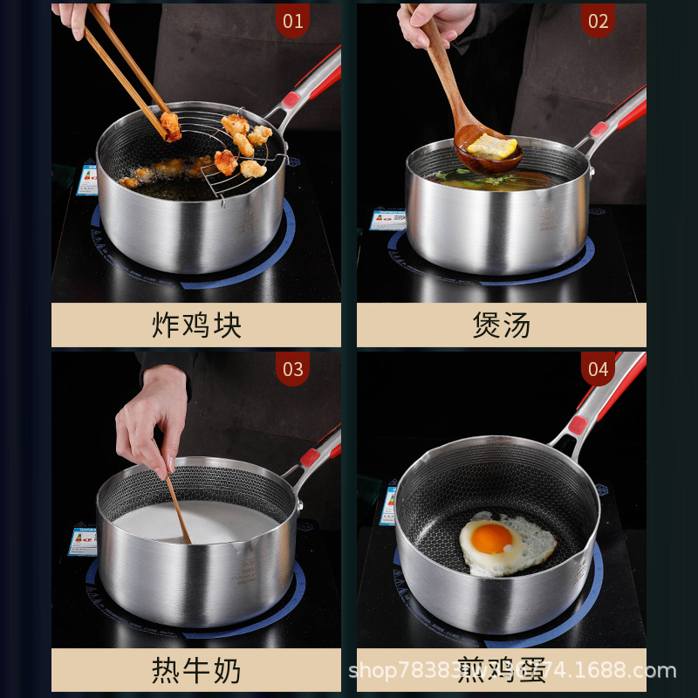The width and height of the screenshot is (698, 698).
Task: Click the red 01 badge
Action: pyautogui.click(x=292, y=21)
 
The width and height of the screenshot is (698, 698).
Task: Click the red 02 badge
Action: pyautogui.click(x=598, y=21)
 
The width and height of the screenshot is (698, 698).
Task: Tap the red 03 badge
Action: pyautogui.click(x=292, y=369)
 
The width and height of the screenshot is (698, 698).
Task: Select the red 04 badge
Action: pyautogui.click(x=598, y=369)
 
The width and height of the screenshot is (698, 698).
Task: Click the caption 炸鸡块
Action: pyautogui.click(x=196, y=325)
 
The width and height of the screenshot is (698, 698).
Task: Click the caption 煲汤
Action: pyautogui.click(x=502, y=325)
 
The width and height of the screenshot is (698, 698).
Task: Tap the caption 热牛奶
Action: pyautogui.click(x=196, y=671)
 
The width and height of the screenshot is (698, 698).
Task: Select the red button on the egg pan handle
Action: pyautogui.click(x=577, y=425)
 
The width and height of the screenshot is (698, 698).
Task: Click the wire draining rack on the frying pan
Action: pyautogui.click(x=249, y=161)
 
